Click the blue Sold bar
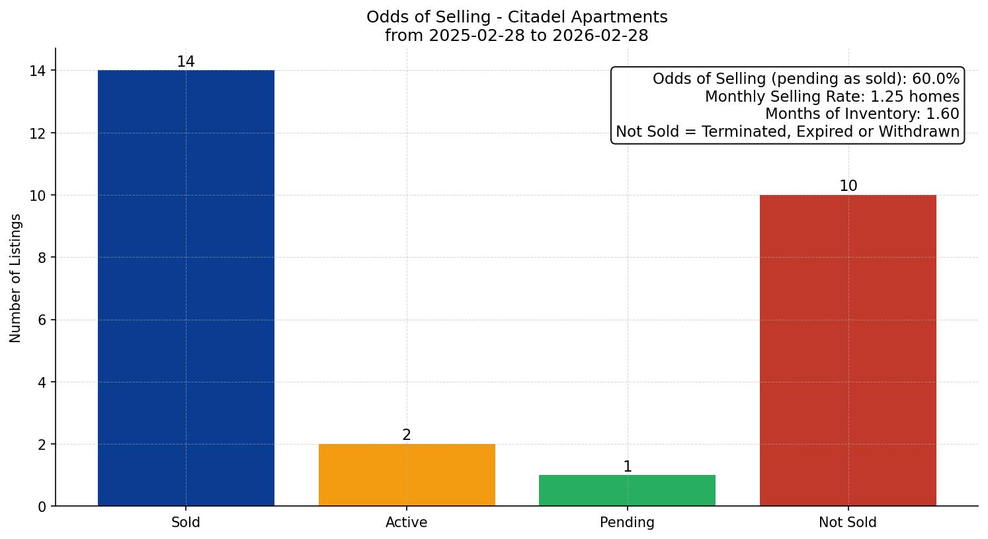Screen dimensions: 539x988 tap(186, 288)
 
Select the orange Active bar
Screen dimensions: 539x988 tap(407, 475)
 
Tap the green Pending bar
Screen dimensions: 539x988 tap(627, 491)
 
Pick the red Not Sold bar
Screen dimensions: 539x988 tap(848, 350)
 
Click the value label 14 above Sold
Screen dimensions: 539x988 tap(186, 62)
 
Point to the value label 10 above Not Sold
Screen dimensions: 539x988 tap(848, 186)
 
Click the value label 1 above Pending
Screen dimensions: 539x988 tap(627, 467)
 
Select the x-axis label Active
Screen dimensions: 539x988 tap(407, 522)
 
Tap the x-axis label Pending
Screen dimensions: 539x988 tap(627, 522)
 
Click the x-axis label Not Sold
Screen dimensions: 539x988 tap(848, 522)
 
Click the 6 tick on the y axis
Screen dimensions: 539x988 tap(42, 320)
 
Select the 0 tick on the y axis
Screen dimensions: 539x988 tap(42, 507)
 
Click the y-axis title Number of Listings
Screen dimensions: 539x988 tap(16, 278)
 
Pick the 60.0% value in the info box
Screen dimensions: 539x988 tap(935, 79)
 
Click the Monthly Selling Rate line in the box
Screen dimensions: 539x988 tap(831, 96)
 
